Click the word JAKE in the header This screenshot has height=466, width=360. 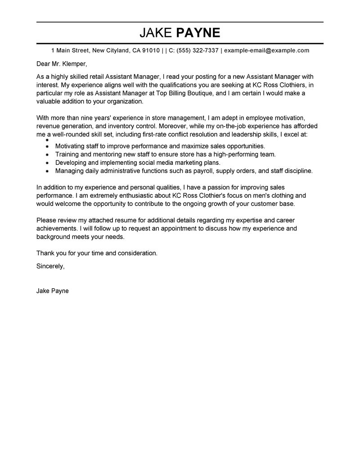point(156,32)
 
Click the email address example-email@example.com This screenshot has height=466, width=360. point(266,50)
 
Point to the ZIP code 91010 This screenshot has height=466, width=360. point(151,50)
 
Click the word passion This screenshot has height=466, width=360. point(222,187)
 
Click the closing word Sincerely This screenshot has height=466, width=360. point(50,266)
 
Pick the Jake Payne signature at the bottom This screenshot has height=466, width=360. point(52,291)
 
